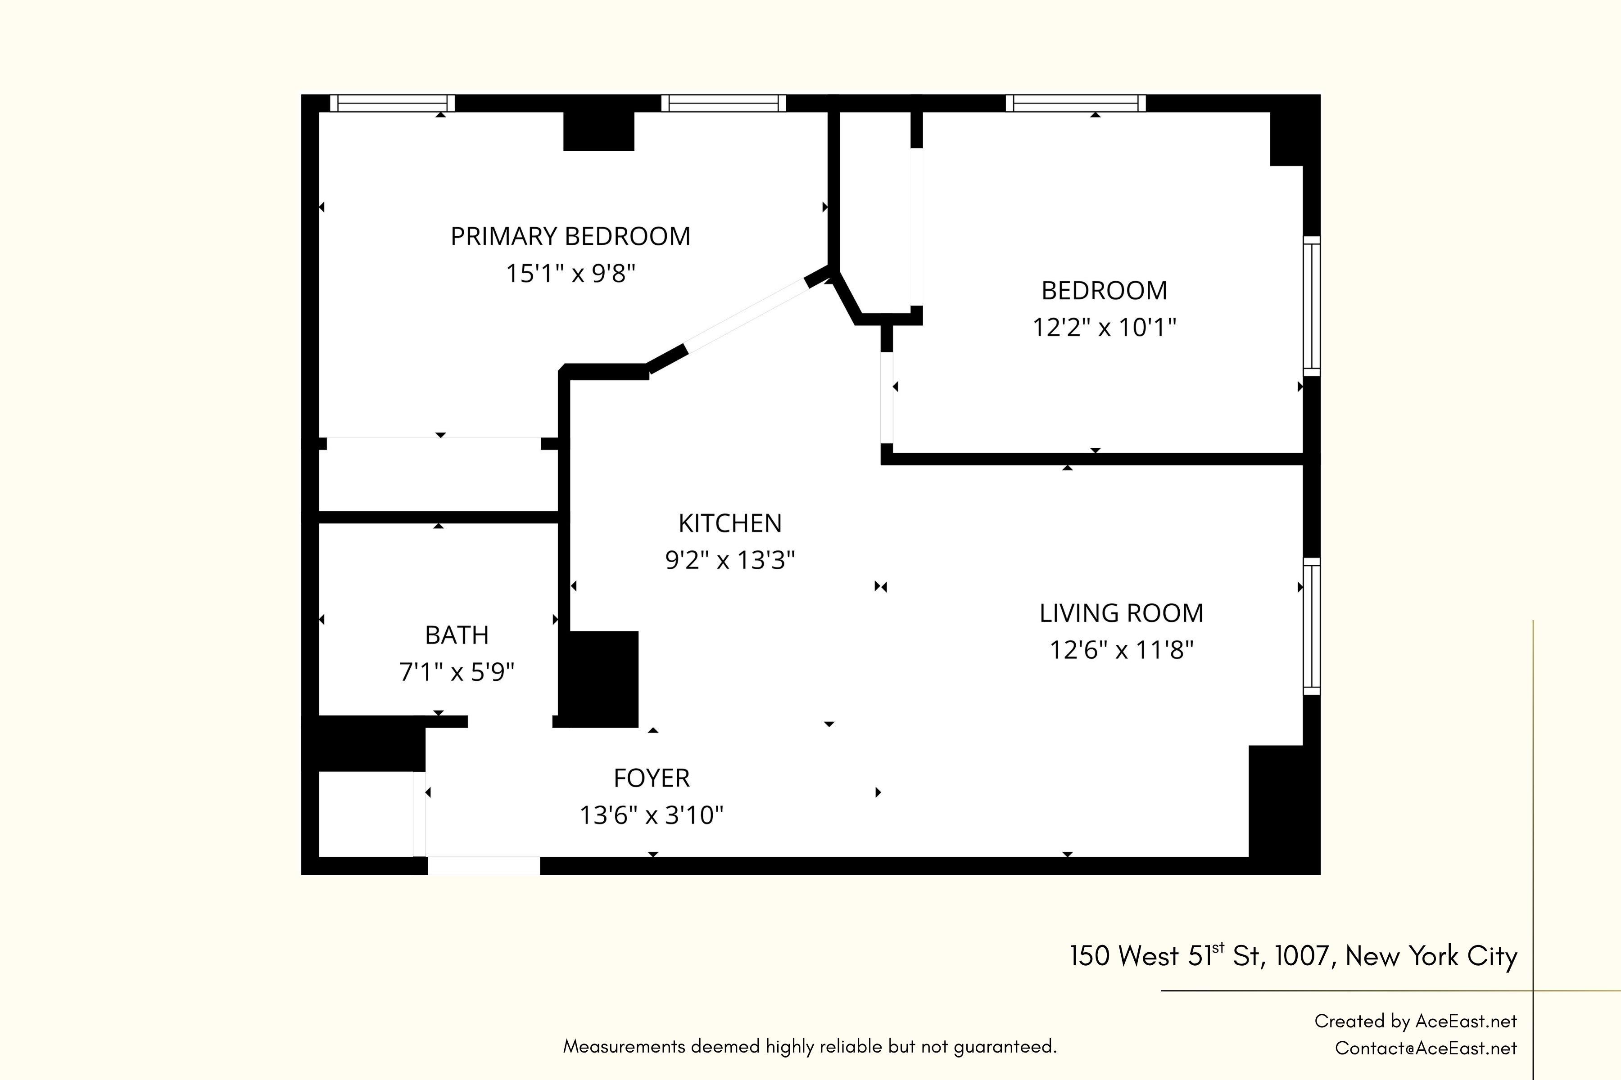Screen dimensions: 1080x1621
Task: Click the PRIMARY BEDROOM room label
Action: pyautogui.click(x=570, y=236)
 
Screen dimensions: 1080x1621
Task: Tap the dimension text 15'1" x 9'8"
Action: pyautogui.click(x=570, y=274)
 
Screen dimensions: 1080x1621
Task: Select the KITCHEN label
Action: pyautogui.click(x=730, y=523)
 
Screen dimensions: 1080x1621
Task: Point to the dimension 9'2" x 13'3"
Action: pyautogui.click(x=730, y=560)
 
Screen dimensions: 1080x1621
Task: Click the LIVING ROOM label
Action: pyautogui.click(x=1121, y=613)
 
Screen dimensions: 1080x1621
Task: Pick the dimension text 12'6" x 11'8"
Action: pyautogui.click(x=1121, y=649)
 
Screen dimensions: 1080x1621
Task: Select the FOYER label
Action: pyautogui.click(x=651, y=778)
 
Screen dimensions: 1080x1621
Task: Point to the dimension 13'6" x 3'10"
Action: pyautogui.click(x=651, y=815)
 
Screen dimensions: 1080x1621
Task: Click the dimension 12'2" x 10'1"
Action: pyautogui.click(x=1104, y=327)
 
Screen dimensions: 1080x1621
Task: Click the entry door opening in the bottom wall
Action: pyautogui.click(x=484, y=866)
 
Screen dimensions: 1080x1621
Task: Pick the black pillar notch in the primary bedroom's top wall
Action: pyautogui.click(x=598, y=131)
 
